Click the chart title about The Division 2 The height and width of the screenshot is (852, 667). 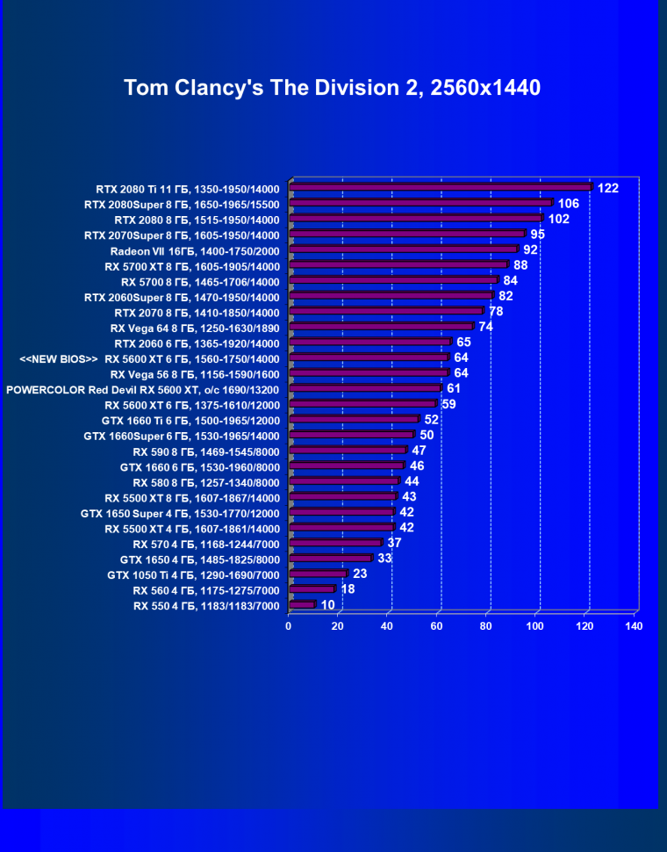tap(332, 88)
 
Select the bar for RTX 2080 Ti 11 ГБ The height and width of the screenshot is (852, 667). tap(440, 187)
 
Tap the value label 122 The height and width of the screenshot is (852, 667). tap(608, 188)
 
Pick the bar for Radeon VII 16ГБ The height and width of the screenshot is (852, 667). tap(403, 249)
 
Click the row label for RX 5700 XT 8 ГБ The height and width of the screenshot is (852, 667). tap(191, 266)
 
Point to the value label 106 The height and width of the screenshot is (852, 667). tap(568, 204)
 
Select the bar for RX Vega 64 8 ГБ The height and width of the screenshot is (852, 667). tap(380, 327)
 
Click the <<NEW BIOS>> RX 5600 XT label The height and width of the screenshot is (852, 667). tap(149, 358)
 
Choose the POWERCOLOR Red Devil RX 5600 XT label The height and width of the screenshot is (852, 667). tap(142, 389)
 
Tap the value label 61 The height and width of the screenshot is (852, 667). tap(454, 388)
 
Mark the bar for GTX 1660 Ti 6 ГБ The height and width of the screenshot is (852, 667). tap(353, 420)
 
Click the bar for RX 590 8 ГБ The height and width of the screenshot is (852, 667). tap(347, 451)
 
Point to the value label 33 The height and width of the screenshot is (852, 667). tap(384, 558)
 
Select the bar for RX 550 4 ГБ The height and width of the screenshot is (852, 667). tap(301, 604)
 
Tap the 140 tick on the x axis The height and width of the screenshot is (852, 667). tap(634, 626)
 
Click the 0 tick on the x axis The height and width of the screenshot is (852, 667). tap(289, 626)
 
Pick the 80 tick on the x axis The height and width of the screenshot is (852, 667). tap(485, 626)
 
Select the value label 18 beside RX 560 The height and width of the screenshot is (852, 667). tap(348, 589)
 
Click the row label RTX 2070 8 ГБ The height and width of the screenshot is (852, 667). tap(197, 313)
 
